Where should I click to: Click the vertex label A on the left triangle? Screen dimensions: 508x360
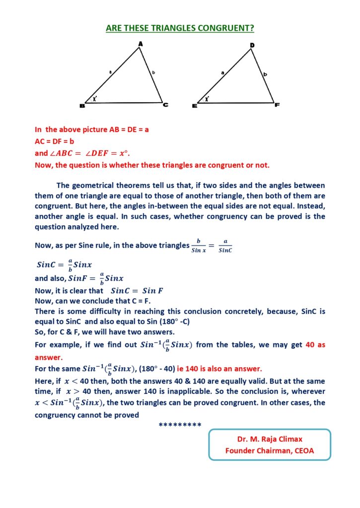pos(141,44)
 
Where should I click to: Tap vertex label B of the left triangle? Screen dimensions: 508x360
pos(82,106)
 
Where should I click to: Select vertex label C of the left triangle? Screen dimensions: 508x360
pos(166,105)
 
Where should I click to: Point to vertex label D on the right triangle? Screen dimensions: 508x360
pos(252,46)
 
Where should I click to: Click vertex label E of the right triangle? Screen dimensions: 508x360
pos(194,106)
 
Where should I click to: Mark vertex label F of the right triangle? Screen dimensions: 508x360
pos(277,105)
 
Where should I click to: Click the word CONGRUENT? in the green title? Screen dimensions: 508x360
pos(222,28)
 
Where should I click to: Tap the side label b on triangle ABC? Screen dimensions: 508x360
pos(153,73)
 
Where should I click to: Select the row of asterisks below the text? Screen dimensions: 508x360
pos(180,425)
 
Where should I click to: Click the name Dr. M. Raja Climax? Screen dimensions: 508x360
pos(270,439)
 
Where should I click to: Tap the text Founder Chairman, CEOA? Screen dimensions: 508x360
pos(270,450)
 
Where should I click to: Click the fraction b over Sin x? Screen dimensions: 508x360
pos(198,246)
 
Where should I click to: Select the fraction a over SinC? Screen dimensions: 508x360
pos(225,246)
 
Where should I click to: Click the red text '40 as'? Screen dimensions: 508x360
pos(315,345)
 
